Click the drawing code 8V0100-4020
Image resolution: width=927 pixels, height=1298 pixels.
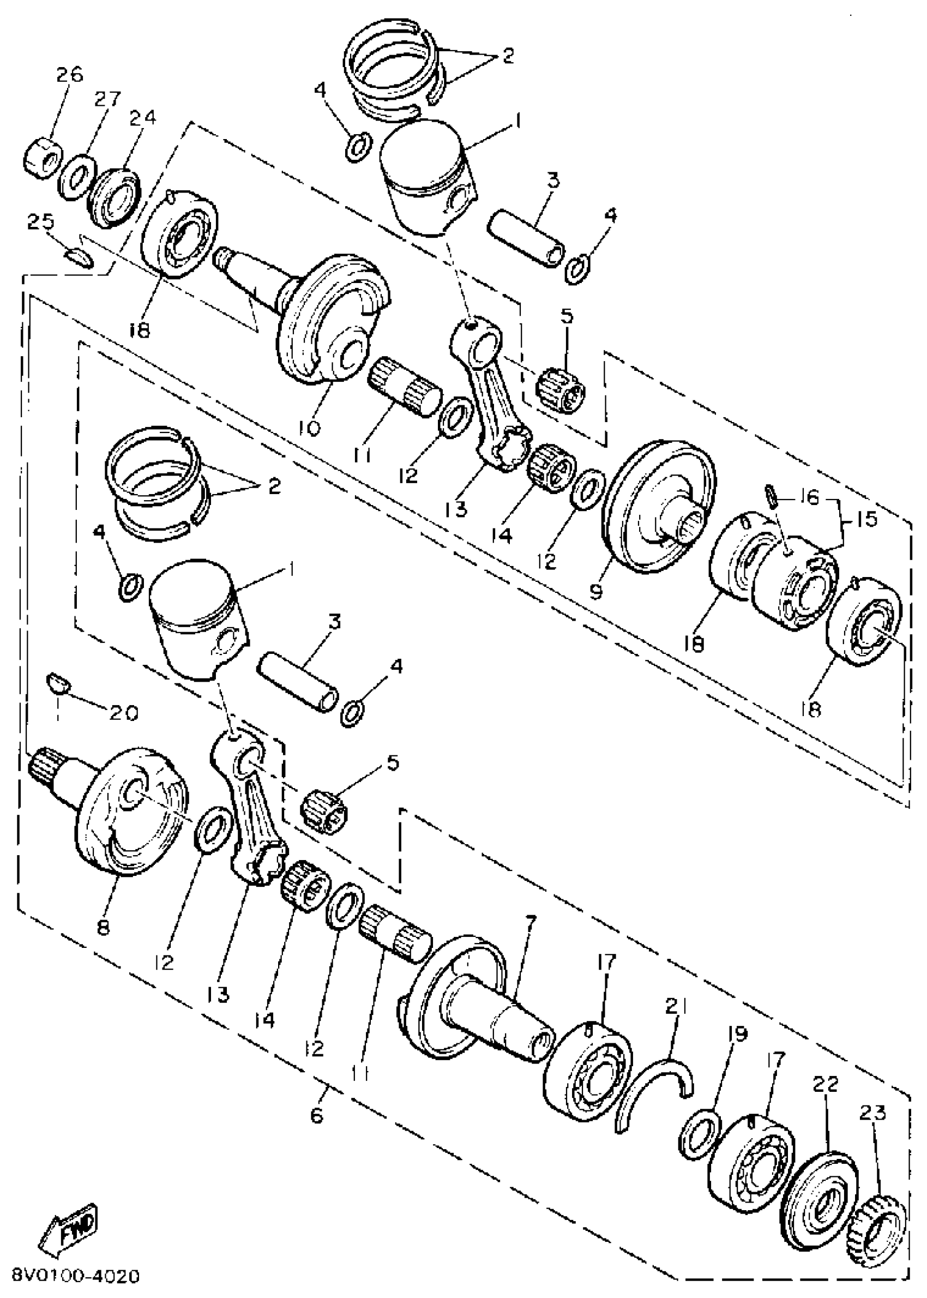tap(75, 1276)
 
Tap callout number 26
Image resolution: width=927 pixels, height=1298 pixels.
tap(70, 75)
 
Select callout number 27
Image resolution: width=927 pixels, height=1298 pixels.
tap(108, 99)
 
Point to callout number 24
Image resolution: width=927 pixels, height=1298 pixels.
tap(142, 117)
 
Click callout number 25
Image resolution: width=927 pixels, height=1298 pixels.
tap(40, 220)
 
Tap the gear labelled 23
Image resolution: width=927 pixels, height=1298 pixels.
tap(873, 1215)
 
